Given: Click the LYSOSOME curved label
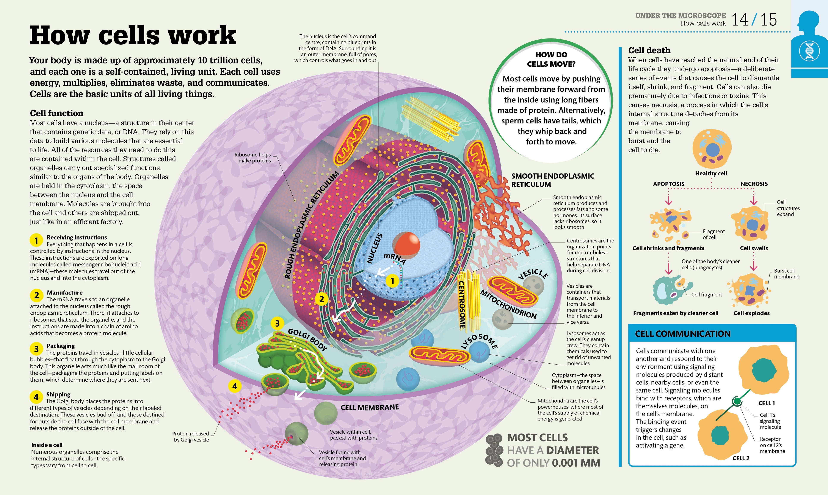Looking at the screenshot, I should pos(480,341).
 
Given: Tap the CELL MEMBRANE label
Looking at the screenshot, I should pos(369,407).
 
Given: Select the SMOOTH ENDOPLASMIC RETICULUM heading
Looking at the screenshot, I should pos(552,180).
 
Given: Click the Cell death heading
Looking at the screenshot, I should pos(649,50).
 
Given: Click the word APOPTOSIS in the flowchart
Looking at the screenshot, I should pos(668,184).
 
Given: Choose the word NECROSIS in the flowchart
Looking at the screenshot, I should pos(754,184).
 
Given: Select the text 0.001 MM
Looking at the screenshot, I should pos(576,463).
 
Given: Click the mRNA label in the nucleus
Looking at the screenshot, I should pos(395,258).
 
